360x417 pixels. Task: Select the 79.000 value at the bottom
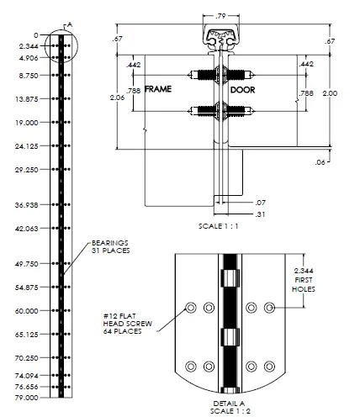tap(27, 397)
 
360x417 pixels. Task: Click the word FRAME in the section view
tap(158, 88)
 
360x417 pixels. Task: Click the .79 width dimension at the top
tap(221, 15)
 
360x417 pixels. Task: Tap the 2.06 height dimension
tap(117, 98)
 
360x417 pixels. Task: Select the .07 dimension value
tap(262, 202)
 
